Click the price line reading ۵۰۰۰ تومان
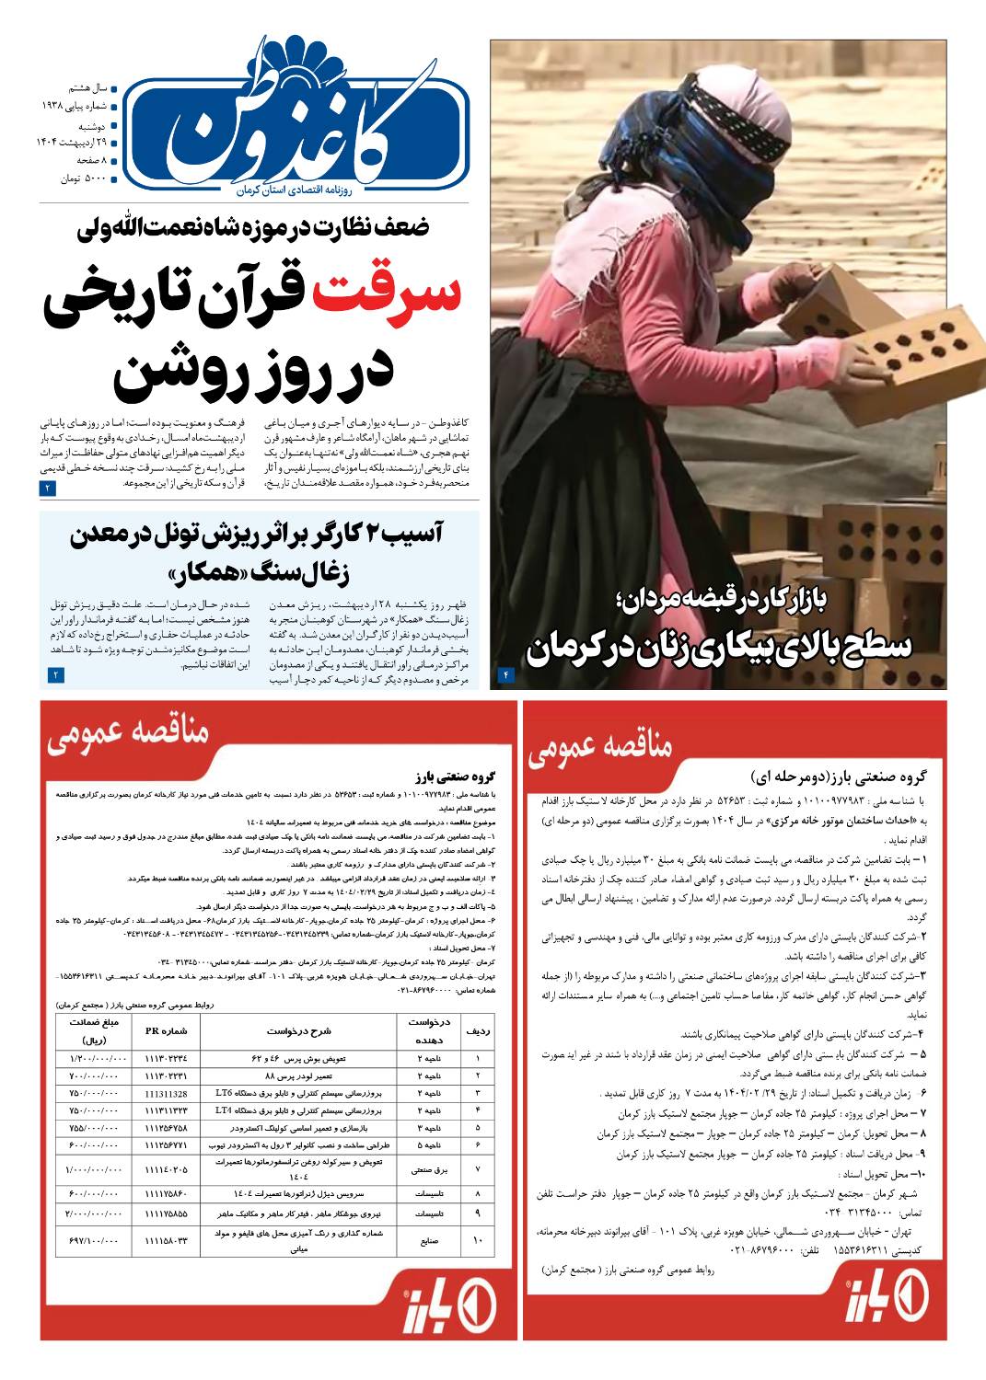pos(84,179)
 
